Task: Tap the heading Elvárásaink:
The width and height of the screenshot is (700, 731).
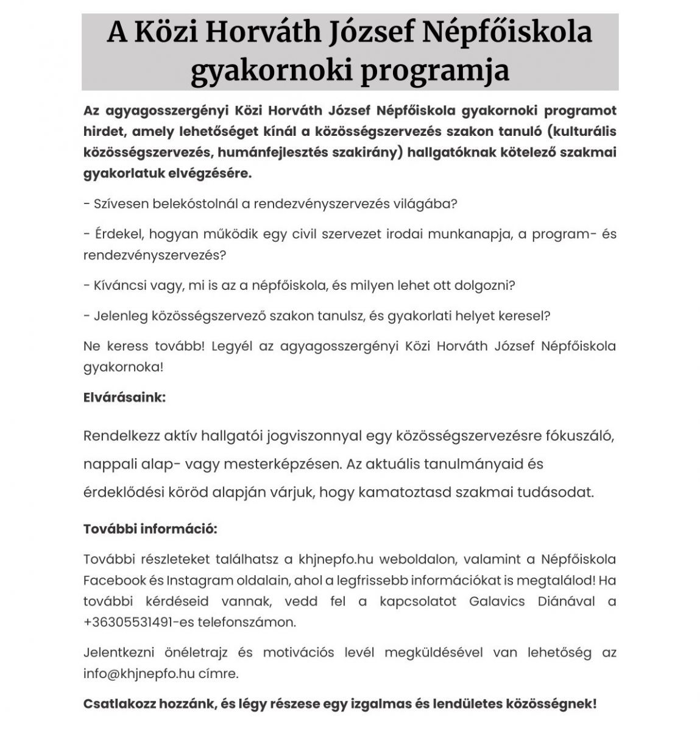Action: click(124, 398)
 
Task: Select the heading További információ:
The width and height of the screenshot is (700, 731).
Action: click(150, 529)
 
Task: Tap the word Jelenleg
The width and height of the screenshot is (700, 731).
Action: click(121, 316)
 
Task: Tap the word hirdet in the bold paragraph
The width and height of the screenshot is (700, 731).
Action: click(102, 131)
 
